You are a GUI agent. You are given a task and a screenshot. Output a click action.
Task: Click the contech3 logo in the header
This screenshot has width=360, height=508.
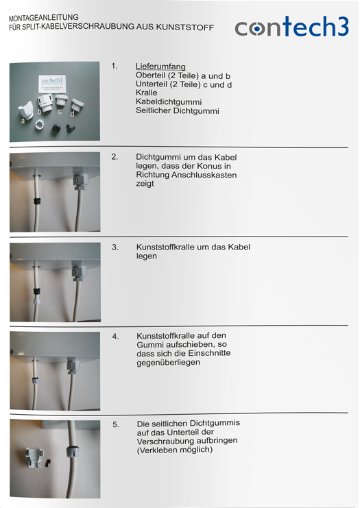coord(291,26)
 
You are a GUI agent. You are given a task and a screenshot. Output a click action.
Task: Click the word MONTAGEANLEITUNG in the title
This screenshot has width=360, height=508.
coord(44,18)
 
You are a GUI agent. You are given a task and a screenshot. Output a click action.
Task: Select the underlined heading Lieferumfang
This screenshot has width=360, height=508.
coord(160,66)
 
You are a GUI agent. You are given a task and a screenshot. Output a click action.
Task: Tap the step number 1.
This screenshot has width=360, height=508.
coord(115,66)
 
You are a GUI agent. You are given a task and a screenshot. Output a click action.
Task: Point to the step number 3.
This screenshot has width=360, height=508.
coord(115,247)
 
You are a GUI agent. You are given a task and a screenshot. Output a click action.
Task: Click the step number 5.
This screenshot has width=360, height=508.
coord(116,424)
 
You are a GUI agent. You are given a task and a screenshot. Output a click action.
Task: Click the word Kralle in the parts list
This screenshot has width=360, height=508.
coord(147,93)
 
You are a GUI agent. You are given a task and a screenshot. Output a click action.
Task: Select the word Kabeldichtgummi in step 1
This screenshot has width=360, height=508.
coord(169,102)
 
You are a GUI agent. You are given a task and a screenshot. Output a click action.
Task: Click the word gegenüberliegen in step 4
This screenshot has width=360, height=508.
coord(168,363)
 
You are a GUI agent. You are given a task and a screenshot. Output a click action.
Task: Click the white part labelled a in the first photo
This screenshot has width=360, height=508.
coord(25,110)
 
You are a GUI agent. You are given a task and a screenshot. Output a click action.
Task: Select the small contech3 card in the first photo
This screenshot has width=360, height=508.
coord(51,84)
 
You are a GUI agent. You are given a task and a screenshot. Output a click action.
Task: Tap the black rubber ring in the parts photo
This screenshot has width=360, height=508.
coord(56,129)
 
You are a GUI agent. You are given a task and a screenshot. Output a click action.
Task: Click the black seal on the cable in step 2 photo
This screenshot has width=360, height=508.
coord(37,201)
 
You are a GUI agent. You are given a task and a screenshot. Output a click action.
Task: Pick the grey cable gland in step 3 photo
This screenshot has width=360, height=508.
coord(80,272)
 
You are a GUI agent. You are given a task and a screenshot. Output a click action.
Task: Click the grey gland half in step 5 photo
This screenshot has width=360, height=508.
coord(34,458)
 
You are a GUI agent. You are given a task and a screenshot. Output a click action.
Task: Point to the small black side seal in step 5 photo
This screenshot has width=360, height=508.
coord(49,461)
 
